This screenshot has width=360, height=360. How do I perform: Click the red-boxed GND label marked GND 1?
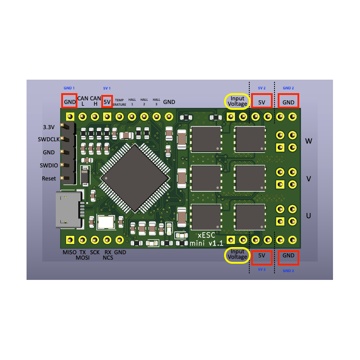coord(70,102)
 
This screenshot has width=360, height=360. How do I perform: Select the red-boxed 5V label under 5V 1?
coord(107,102)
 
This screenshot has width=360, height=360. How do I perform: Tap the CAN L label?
coord(83,101)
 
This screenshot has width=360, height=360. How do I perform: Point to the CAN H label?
coord(95,101)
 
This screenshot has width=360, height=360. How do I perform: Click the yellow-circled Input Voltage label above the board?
coord(238,101)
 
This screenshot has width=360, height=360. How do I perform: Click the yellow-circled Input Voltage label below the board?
coord(238,254)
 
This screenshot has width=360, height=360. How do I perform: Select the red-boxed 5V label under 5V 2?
coord(262,102)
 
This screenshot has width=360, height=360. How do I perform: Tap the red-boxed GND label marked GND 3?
coord(288,256)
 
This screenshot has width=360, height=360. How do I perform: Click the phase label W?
coord(309,141)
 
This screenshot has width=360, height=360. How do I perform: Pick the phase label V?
coord(309,179)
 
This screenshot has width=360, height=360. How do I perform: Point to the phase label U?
coord(309,216)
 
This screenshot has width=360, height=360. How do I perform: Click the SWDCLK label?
coord(48,139)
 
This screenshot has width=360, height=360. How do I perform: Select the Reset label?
coord(49,179)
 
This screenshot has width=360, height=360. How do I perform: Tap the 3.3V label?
coord(49,126)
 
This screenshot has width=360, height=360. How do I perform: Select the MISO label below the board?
coord(69,252)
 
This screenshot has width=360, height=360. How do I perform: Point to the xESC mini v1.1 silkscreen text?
coord(207,239)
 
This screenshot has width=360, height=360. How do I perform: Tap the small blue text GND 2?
coord(288,88)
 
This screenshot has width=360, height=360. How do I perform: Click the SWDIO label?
coord(49,166)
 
